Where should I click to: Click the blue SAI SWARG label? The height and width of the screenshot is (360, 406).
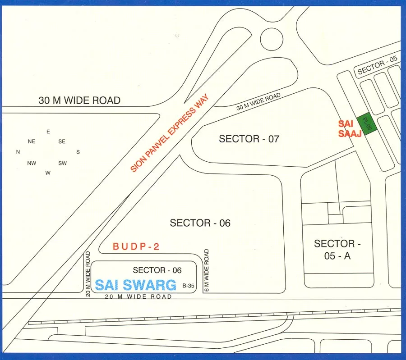pos(135,285)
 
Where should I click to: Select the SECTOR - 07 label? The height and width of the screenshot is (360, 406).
pos(249,139)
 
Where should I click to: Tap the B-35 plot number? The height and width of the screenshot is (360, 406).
pos(188,286)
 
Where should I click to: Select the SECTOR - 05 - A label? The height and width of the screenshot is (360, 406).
pos(338,250)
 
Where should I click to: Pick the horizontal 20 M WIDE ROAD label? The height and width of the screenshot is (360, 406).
pos(138,296)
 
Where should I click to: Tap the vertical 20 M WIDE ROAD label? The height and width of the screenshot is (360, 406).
pos(88,274)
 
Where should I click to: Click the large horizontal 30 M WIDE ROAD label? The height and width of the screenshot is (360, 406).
pos(79,100)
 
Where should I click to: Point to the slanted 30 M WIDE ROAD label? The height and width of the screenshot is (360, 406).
pos(258,102)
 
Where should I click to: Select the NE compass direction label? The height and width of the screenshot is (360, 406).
pos(32,141)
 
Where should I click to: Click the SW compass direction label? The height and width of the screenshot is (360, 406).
pos(63,163)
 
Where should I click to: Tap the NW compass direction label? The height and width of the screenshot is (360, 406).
pos(32,163)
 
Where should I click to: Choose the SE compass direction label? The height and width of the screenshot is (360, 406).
pos(62,141)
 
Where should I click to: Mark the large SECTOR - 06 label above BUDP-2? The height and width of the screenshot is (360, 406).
pos(200,223)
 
